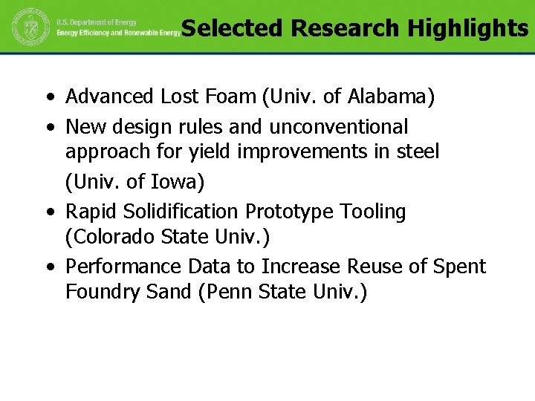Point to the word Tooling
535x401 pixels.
[x=373, y=212]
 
